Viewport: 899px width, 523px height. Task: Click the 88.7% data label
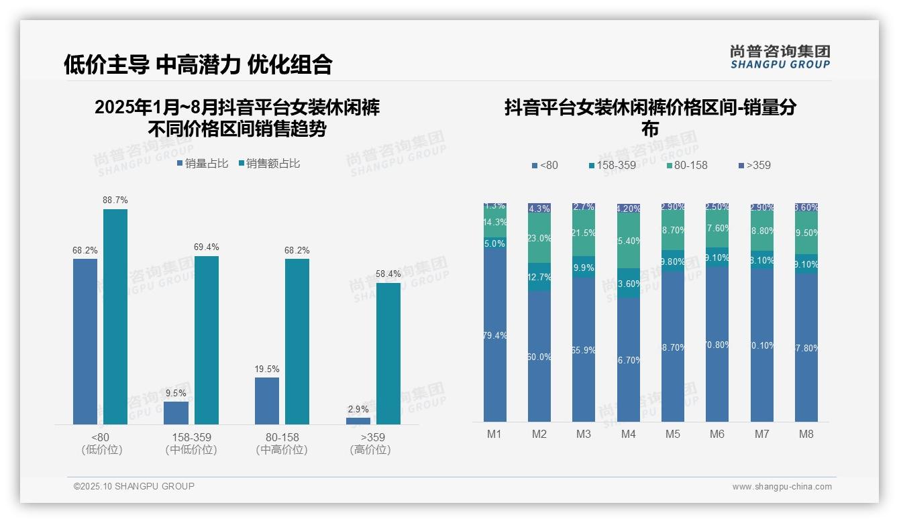[115, 200]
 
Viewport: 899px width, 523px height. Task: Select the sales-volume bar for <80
[85, 341]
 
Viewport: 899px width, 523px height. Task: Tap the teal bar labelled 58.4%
[388, 353]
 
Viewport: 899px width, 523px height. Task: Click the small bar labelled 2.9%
[358, 420]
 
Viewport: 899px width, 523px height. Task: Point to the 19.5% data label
[267, 369]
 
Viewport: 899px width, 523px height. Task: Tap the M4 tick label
[628, 434]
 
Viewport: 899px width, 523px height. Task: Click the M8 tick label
[806, 434]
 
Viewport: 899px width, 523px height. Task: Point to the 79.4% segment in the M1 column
[494, 335]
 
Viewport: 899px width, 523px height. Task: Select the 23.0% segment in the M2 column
[539, 238]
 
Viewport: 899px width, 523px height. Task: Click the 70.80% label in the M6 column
[717, 345]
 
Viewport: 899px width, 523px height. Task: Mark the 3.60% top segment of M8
[806, 207]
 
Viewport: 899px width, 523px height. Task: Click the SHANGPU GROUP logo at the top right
[780, 57]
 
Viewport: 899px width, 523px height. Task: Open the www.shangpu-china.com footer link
[782, 487]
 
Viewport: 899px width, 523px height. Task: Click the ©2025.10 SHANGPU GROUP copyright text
[134, 486]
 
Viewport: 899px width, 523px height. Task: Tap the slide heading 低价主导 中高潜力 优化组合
[198, 64]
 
